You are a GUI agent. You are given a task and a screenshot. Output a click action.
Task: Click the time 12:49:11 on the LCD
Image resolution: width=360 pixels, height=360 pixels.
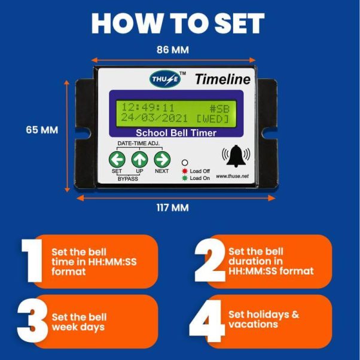click(x=148, y=108)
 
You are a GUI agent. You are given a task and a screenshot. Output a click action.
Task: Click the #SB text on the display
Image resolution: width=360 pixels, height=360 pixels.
click(x=223, y=108)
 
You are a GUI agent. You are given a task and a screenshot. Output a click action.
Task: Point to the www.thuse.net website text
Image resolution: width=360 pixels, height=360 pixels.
click(x=233, y=176)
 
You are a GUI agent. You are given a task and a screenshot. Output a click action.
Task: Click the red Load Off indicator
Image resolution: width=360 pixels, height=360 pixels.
click(x=185, y=171)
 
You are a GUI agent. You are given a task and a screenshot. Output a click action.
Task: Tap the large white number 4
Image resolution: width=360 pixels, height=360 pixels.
click(x=206, y=321)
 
